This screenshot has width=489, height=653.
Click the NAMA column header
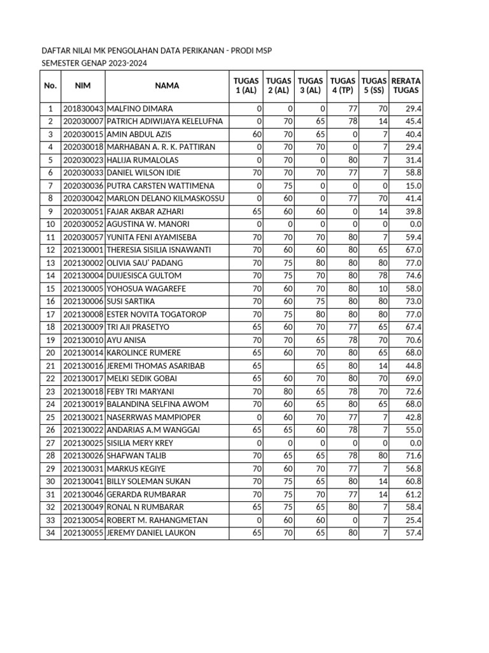coord(166,86)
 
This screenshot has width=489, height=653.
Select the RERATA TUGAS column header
coord(406,86)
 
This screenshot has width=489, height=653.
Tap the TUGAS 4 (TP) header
coord(343,86)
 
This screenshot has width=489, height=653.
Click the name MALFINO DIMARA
coord(139,109)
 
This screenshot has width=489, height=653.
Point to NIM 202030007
coord(83,122)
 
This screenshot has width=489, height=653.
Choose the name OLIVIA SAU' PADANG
coord(145,263)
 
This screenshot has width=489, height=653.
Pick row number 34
coord(50,533)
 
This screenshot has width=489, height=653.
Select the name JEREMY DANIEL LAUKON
coord(151,533)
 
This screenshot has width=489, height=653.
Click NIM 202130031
coord(83,469)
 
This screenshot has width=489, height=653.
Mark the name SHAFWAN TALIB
coord(135,456)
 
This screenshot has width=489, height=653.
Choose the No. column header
coord(50,86)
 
